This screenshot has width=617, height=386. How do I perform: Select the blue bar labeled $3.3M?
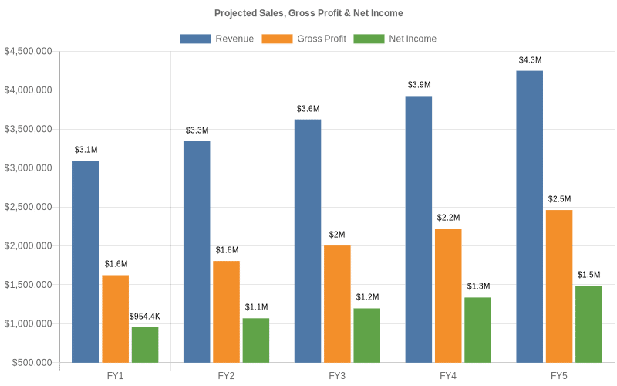tap(197, 251)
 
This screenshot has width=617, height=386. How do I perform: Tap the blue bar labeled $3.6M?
tap(308, 240)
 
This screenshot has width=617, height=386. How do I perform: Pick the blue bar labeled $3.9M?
tap(419, 229)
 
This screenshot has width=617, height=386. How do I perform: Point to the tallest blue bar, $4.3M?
tap(529, 216)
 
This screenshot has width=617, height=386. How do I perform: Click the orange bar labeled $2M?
tap(337, 303)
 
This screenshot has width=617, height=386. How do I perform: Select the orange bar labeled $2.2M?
tap(448, 295)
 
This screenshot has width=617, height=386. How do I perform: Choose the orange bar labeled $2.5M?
tap(559, 286)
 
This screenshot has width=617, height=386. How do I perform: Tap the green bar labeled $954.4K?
tap(145, 344)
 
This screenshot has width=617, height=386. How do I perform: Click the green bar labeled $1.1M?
tap(256, 340)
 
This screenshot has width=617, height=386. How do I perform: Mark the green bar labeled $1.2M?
tap(367, 335)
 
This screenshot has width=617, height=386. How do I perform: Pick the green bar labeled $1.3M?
tap(478, 330)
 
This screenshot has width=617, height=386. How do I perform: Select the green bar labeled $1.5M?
tap(588, 323)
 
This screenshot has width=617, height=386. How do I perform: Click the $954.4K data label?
tap(144, 317)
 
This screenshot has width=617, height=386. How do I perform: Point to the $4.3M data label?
tap(530, 59)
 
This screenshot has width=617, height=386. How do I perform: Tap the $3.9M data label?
tap(420, 85)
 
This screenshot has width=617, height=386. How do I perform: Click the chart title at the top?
tap(308, 13)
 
